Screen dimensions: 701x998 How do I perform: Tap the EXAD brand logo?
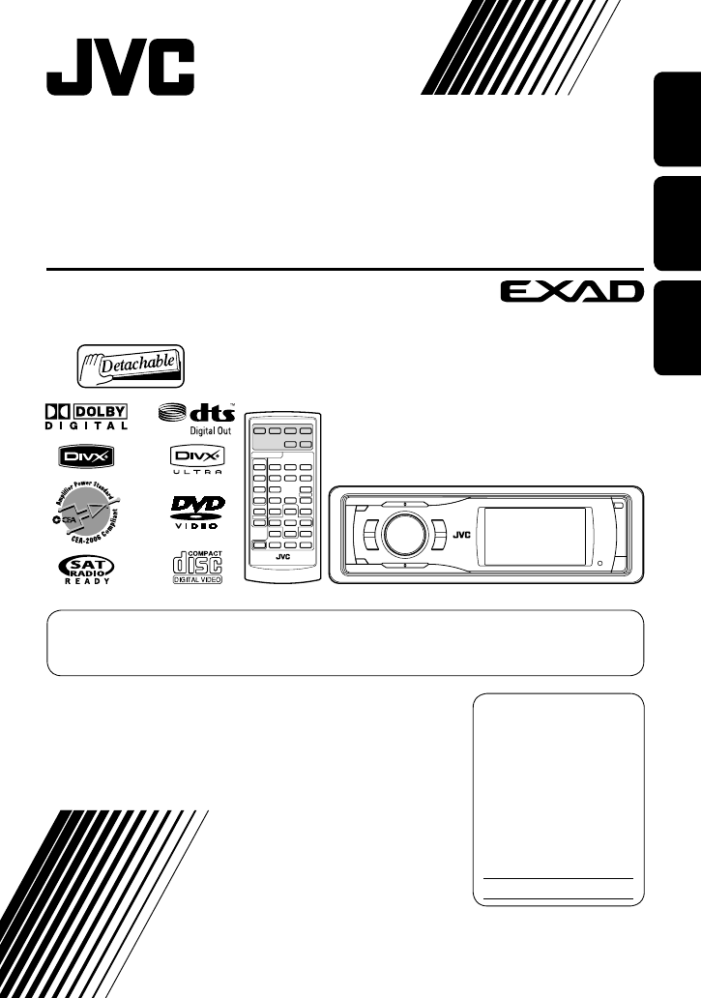click(571, 290)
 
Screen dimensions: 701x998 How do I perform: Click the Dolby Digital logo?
click(85, 415)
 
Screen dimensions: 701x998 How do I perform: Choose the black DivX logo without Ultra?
click(85, 456)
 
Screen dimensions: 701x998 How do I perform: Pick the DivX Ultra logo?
click(196, 458)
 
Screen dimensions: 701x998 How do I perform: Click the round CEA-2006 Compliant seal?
click(85, 512)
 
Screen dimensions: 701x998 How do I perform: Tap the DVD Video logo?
click(196, 512)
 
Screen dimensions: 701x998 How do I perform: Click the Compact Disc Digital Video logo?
click(196, 568)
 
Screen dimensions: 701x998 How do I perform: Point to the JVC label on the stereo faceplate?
click(462, 531)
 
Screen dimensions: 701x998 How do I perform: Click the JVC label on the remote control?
click(282, 556)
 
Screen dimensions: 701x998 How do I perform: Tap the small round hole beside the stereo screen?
click(599, 563)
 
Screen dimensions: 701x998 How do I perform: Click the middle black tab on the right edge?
click(675, 224)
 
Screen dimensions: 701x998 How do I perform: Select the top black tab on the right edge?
click(675, 124)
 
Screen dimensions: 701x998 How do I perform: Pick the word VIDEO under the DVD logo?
click(196, 527)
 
